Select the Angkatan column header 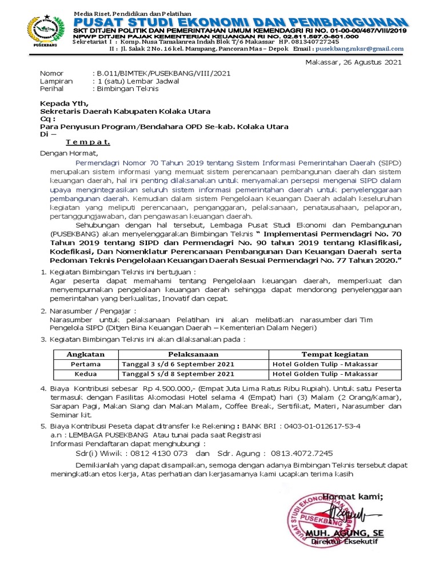coord(86,354)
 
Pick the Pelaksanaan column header coord(194,354)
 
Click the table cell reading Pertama coord(86,364)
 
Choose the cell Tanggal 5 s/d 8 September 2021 coord(178,374)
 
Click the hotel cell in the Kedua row coord(325,374)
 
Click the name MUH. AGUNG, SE coord(345,533)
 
